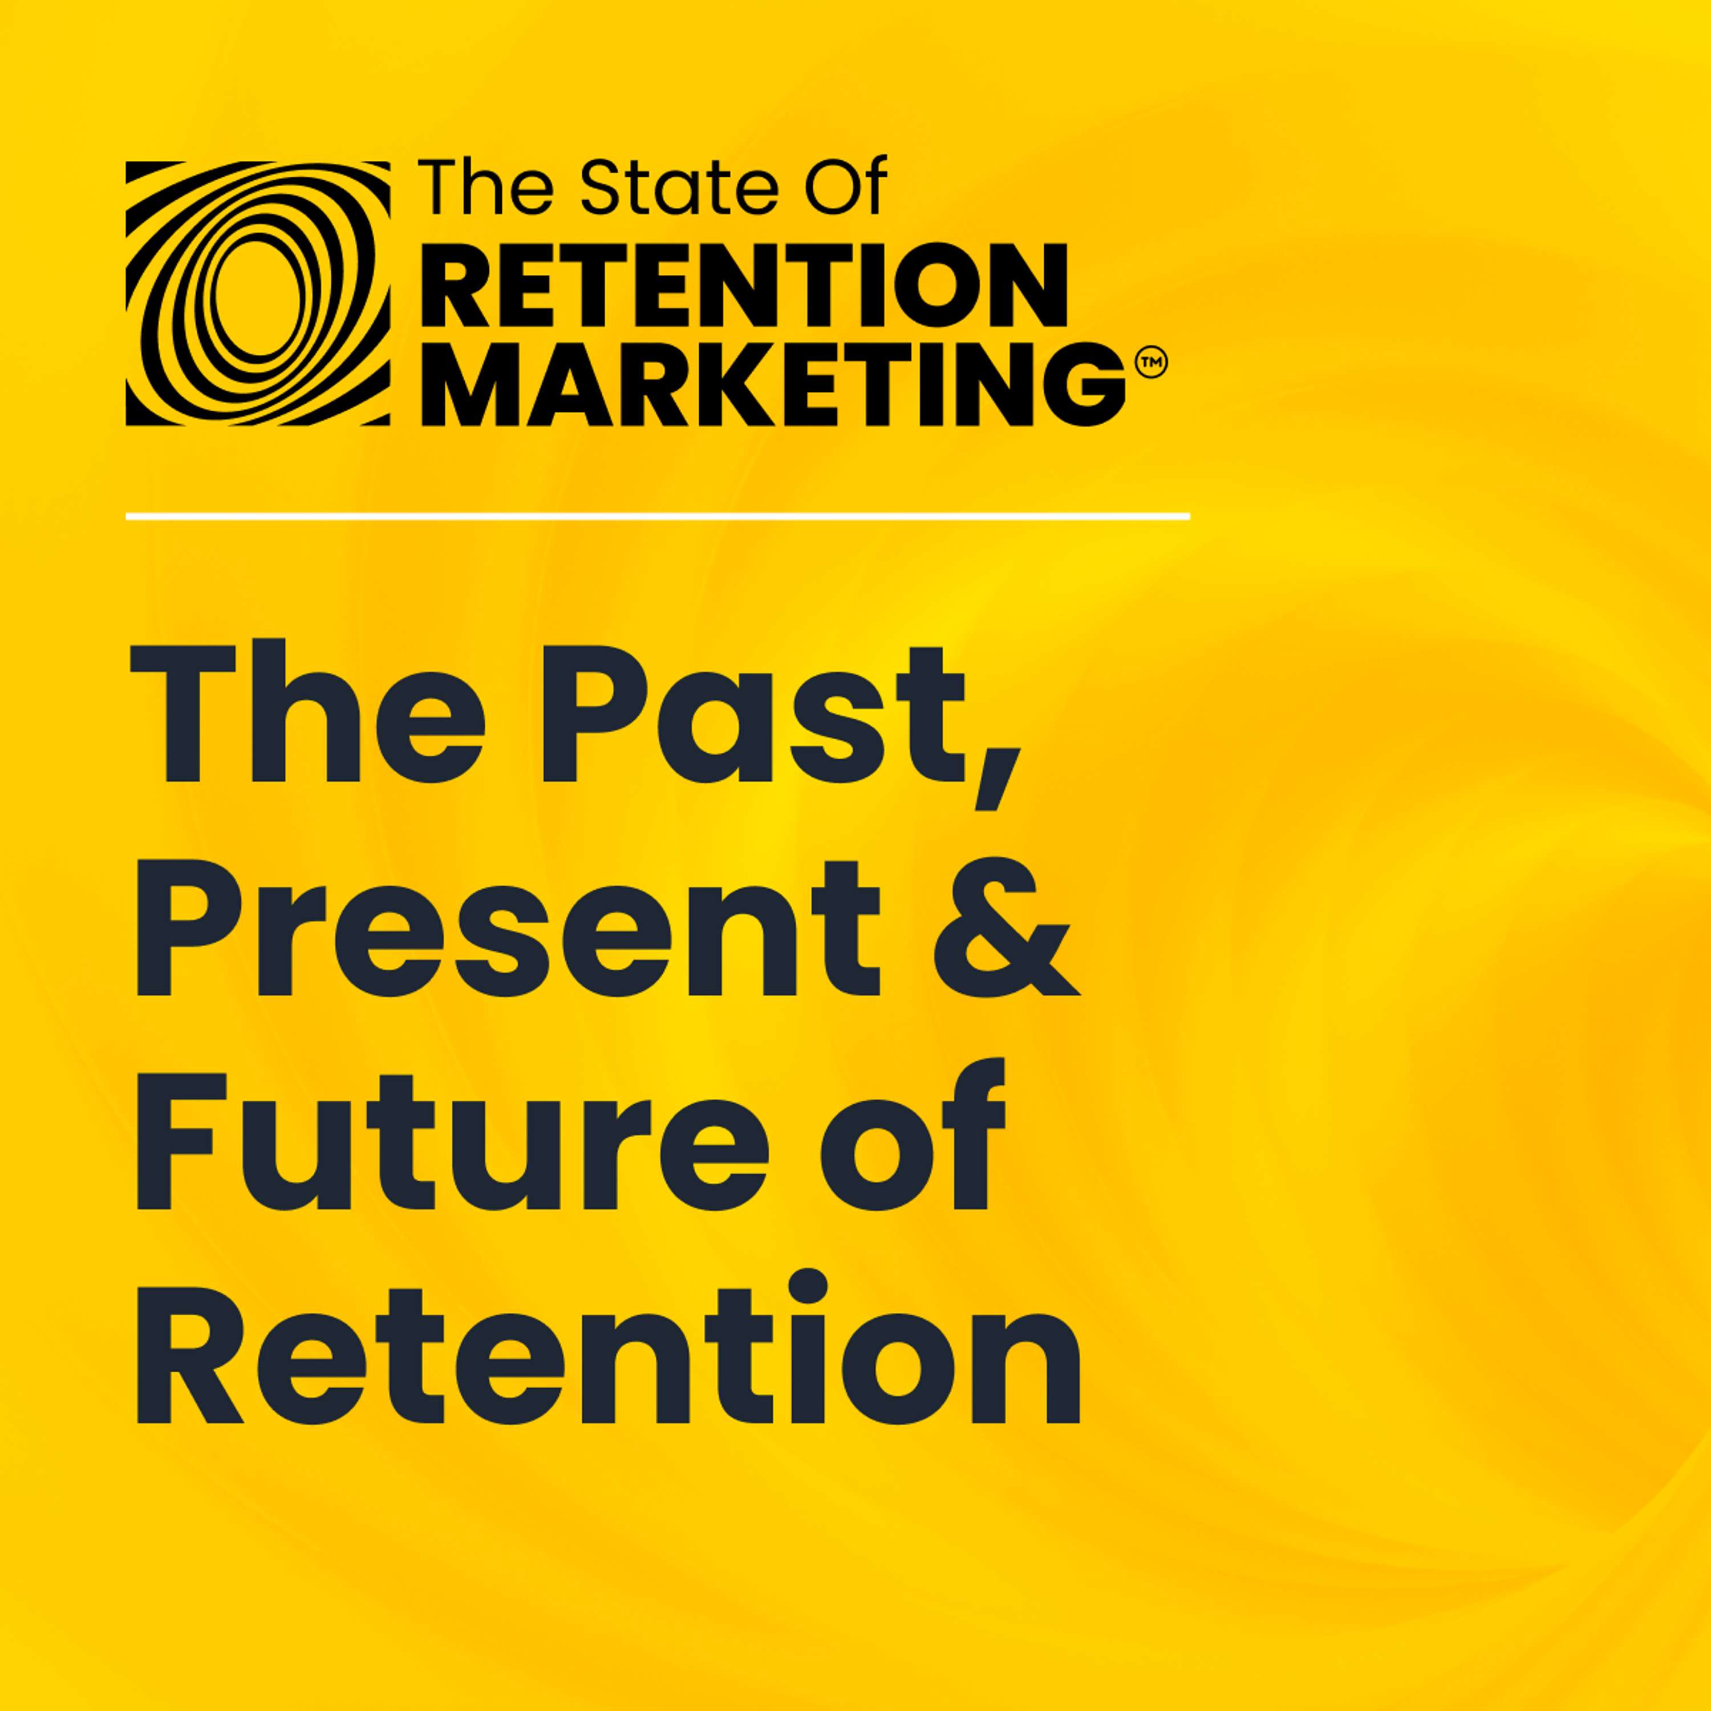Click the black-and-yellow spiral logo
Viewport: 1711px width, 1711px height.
tap(258, 293)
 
